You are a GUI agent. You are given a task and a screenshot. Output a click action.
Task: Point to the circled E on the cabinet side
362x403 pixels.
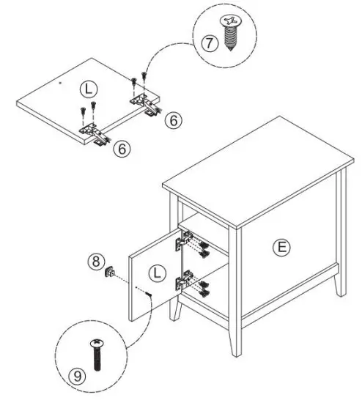(281, 247)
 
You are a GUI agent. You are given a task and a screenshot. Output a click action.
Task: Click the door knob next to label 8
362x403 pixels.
(111, 273)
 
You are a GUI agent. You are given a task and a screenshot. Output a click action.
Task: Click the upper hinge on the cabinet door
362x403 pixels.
(185, 240)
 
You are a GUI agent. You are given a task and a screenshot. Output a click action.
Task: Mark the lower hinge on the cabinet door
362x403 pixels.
(185, 281)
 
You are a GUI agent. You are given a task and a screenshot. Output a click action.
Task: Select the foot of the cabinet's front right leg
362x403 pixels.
(235, 351)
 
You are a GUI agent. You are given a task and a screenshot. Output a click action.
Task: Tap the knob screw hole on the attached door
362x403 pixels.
(149, 294)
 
